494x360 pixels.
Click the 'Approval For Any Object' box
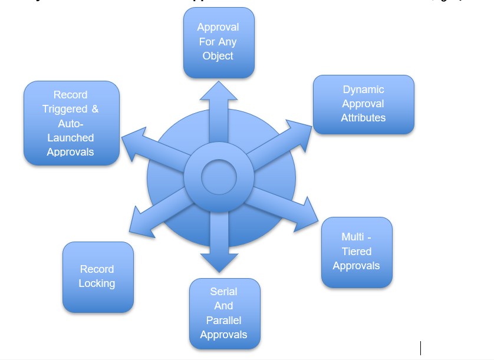tap(219, 42)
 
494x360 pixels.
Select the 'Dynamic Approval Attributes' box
tap(363, 104)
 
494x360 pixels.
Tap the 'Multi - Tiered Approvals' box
tap(357, 252)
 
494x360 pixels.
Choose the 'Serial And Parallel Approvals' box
tap(224, 313)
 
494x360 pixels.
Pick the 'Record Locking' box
tap(97, 276)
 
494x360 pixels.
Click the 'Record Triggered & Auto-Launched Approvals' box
tap(71, 123)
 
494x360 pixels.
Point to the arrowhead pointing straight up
tap(219, 92)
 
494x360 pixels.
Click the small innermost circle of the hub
tap(219, 177)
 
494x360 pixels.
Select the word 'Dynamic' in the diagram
tap(363, 90)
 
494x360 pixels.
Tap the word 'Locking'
tap(97, 283)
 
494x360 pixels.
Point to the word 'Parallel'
tap(223, 321)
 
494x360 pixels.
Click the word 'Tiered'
tap(357, 252)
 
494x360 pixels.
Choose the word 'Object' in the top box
tap(218, 56)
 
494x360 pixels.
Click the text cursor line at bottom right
tap(420, 348)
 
